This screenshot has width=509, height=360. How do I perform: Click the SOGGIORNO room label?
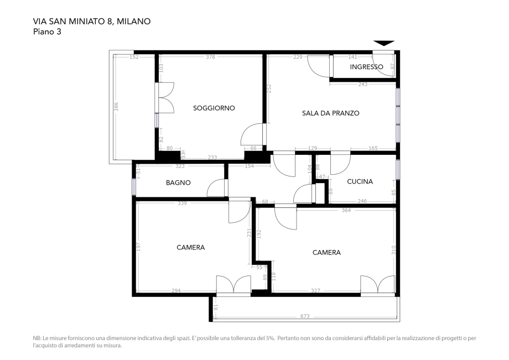pyautogui.click(x=214, y=108)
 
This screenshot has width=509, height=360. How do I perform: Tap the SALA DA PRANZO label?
pyautogui.click(x=330, y=113)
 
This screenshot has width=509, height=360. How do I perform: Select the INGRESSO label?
pyautogui.click(x=366, y=67)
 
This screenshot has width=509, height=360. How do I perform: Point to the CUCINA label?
pyautogui.click(x=360, y=181)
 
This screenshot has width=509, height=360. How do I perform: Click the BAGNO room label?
pyautogui.click(x=178, y=182)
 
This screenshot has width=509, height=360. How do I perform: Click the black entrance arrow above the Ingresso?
pyautogui.click(x=384, y=43)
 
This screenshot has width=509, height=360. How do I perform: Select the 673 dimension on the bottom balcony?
pyautogui.click(x=305, y=317)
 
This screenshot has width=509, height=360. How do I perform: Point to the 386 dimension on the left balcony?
pyautogui.click(x=117, y=107)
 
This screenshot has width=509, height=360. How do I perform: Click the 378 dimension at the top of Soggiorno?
pyautogui.click(x=210, y=57)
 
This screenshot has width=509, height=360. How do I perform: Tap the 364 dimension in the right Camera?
pyautogui.click(x=346, y=210)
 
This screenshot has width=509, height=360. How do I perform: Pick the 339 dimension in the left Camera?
pyautogui.click(x=182, y=204)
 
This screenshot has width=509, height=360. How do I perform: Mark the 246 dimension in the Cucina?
pyautogui.click(x=362, y=201)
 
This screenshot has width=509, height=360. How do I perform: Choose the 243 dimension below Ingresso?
pyautogui.click(x=363, y=85)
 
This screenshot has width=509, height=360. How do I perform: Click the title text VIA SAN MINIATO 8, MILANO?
pyautogui.click(x=92, y=21)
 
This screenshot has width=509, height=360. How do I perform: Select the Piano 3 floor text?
pyautogui.click(x=47, y=32)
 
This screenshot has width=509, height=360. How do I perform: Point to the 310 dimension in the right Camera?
pyautogui.click(x=394, y=250)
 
